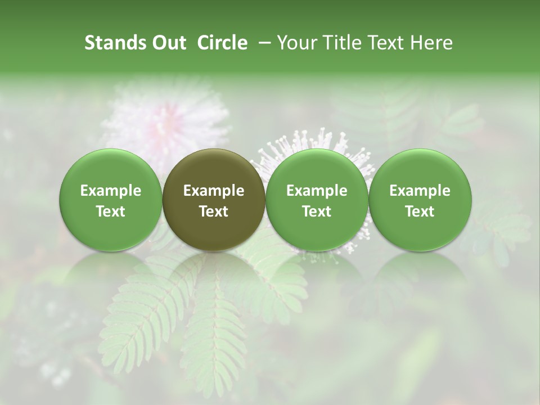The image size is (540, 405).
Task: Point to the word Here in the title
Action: (431, 43)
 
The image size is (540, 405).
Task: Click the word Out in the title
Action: (168, 43)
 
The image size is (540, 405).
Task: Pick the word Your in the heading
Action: (296, 43)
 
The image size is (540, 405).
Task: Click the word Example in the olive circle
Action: (214, 191)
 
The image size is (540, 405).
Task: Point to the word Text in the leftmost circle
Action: (111, 211)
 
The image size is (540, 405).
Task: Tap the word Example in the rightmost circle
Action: (420, 191)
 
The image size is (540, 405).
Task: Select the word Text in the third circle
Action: (317, 211)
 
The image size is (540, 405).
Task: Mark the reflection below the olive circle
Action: (214, 276)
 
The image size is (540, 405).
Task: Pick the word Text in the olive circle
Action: (214, 211)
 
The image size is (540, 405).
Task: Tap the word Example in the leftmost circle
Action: (111, 191)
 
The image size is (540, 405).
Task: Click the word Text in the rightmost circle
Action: (420, 211)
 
